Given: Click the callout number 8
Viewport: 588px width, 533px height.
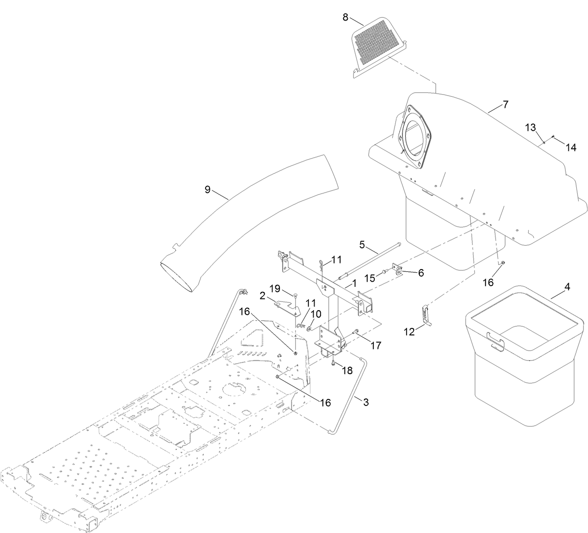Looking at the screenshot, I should (x=345, y=17).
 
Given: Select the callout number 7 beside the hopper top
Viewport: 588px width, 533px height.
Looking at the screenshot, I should (x=505, y=105).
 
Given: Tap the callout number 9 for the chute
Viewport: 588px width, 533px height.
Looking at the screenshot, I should (x=208, y=189).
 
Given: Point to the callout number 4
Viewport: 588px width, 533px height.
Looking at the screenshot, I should (x=567, y=287).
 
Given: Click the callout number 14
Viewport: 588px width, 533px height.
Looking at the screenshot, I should (x=571, y=147).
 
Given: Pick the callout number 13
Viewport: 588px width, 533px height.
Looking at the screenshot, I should (x=530, y=127).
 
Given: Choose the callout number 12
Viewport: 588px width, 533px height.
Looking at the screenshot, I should (x=410, y=331).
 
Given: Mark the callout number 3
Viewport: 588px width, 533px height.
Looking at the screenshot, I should (x=366, y=402).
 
